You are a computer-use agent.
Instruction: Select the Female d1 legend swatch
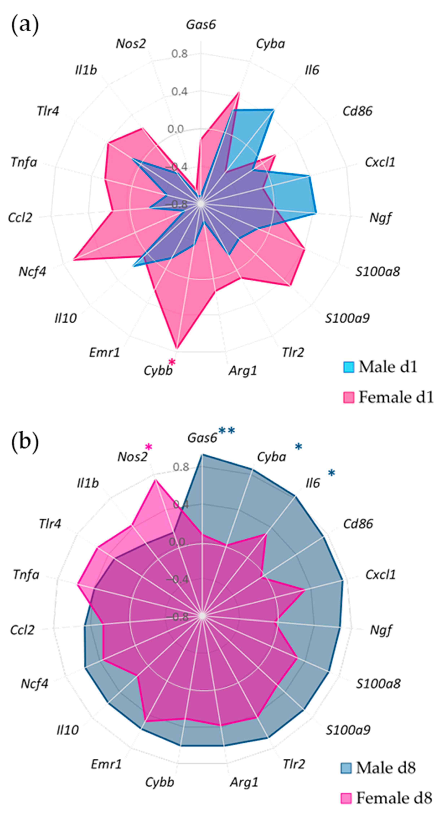[348, 397]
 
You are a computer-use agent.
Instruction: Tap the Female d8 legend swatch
[346, 798]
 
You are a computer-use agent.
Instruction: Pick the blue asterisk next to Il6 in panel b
[331, 473]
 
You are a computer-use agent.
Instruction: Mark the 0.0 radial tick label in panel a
[176, 129]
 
